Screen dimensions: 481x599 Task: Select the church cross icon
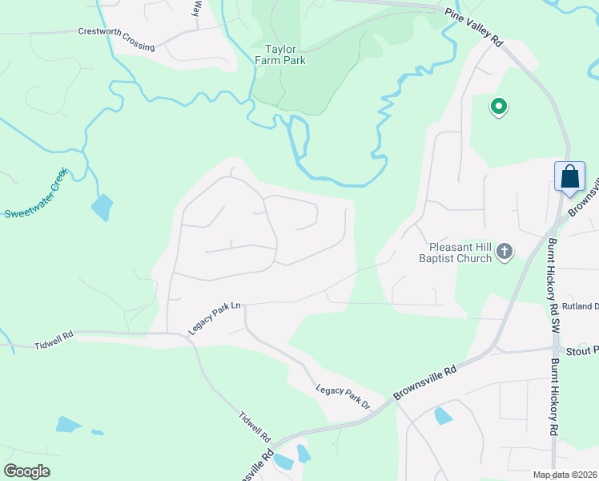[505, 252]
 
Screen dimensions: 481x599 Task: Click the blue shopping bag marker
[569, 177]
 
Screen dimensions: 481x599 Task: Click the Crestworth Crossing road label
[116, 39]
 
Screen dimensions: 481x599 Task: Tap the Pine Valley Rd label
[472, 27]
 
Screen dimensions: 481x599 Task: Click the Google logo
[27, 471]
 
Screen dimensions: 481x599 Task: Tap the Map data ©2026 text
[565, 475]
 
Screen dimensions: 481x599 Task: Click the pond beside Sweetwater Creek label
[103, 207]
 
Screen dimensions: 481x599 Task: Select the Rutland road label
[580, 306]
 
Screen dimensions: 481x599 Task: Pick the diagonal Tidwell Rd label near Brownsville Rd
[255, 428]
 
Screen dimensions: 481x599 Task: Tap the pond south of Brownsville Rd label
[443, 415]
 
